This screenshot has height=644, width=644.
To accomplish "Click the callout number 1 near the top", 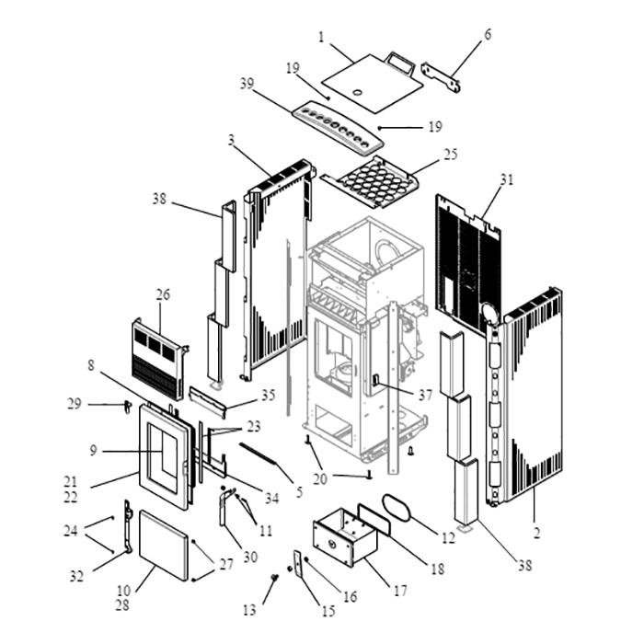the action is pos(321,38).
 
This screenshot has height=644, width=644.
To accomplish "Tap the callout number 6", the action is pos(488,35).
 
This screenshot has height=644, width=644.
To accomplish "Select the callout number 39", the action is pos(247,84).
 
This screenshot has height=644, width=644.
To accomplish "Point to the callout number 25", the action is pos(450,154).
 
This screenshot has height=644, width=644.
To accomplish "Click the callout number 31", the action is pos(506,179).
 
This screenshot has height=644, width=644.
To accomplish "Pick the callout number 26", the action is pos(163,294).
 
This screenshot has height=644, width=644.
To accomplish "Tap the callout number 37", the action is pos(425,395).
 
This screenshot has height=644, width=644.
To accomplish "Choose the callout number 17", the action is pos(400,591).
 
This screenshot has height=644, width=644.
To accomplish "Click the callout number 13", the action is pos(249,610).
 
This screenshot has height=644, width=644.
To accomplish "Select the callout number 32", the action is pos(76,576).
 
